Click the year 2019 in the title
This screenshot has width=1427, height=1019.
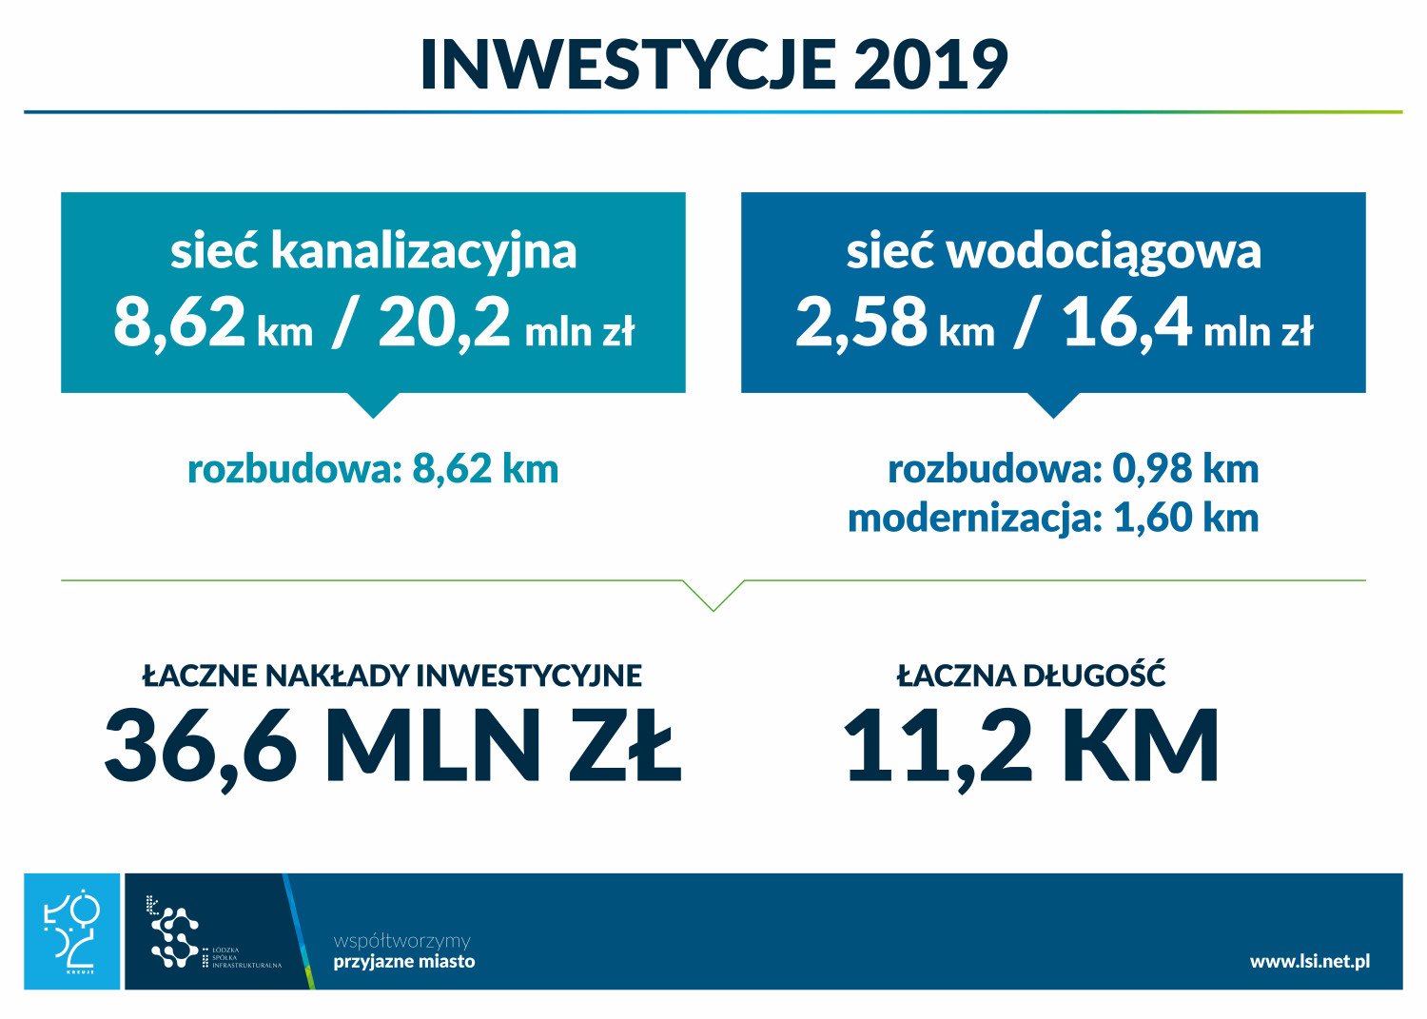click(930, 65)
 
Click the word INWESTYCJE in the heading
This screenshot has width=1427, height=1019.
click(628, 65)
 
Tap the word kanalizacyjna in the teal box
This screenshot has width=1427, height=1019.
click(423, 253)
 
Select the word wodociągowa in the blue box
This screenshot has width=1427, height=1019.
click(1104, 253)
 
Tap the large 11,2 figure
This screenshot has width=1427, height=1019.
click(937, 746)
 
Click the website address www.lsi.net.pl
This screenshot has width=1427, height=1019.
click(1310, 961)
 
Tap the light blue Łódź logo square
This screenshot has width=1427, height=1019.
click(72, 931)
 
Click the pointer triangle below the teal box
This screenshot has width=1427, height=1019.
click(373, 404)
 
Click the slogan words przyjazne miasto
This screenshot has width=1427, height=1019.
click(404, 961)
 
